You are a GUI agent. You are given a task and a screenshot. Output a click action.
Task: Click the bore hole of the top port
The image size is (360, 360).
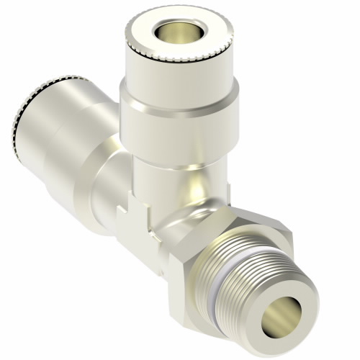pos(169,31)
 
